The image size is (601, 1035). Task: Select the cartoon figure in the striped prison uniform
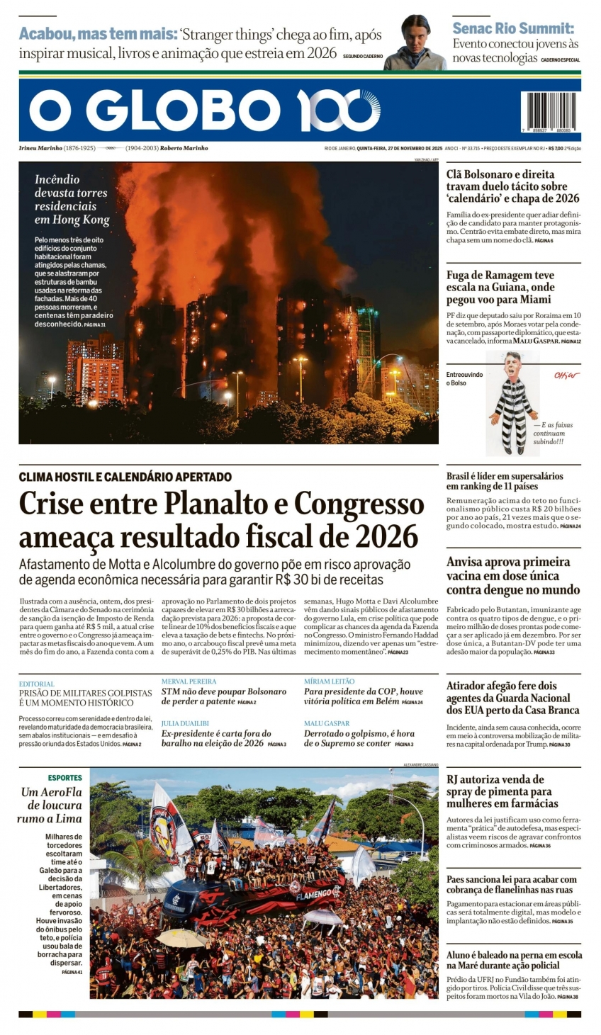point(513,404)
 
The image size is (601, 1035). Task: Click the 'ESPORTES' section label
point(64,778)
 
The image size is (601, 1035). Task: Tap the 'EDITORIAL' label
point(36,684)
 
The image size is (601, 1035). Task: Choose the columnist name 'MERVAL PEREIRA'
point(189,681)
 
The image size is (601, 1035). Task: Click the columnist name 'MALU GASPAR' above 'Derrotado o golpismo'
point(327,723)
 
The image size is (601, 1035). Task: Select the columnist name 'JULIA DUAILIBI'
point(185,723)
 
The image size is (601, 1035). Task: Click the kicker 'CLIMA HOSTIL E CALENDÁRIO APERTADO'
point(125,477)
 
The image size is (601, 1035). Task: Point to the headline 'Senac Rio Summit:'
point(513,28)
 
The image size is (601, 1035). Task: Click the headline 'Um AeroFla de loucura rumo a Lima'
point(51,805)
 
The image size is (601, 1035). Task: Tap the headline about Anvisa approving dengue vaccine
point(513,575)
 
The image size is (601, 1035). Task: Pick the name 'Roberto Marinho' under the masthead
point(184,148)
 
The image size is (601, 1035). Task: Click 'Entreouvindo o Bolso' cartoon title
point(464,378)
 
